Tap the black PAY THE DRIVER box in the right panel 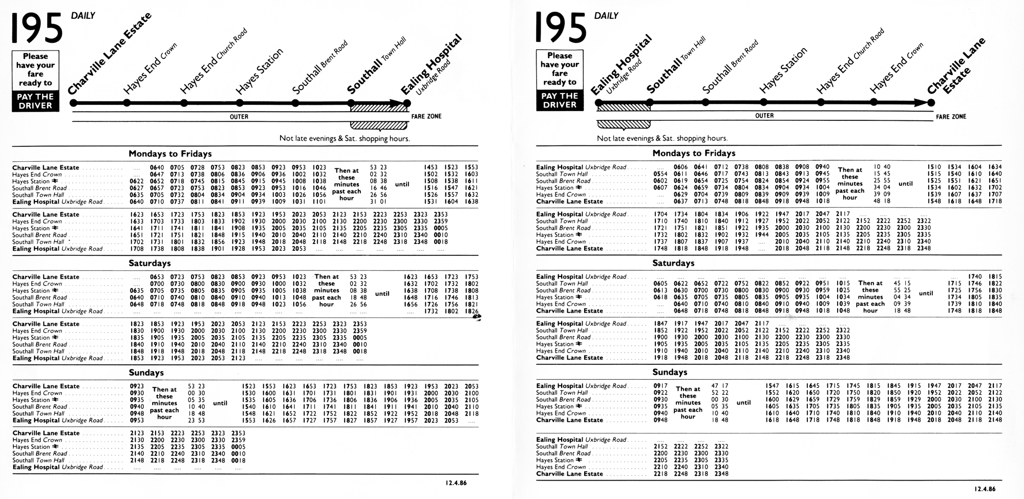tap(560, 100)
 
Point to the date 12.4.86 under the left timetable tap(456, 483)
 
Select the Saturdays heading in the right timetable tap(673, 263)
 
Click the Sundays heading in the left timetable tap(146, 373)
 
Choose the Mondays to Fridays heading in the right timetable tap(694, 153)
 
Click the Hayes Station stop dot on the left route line tap(240, 103)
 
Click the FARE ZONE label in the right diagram tap(951, 117)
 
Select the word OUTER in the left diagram tap(239, 117)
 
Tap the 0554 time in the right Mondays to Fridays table tap(660, 174)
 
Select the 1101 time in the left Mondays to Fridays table tap(319, 202)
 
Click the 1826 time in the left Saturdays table tap(472, 311)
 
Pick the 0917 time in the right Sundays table tap(660, 386)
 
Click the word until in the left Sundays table tap(220, 403)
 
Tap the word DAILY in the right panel tap(606, 16)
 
